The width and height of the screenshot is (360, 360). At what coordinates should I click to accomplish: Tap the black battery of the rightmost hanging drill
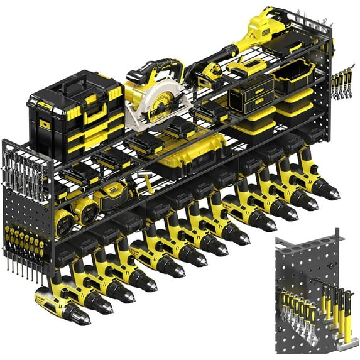click(312, 134)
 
